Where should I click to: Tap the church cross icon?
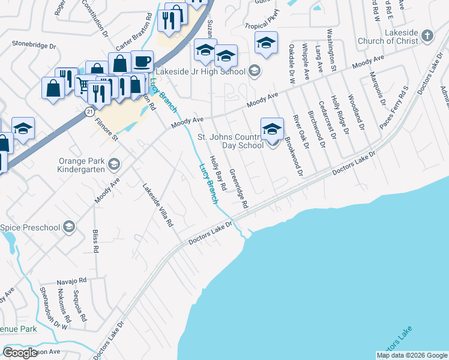[x=427, y=36]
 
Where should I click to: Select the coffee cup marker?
[x=142, y=62]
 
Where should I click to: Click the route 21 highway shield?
[x=89, y=112]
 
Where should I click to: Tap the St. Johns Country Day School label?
[x=231, y=141]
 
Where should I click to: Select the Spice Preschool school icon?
[x=69, y=227]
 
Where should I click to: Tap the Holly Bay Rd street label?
[x=218, y=174]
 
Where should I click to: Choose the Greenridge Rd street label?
[x=239, y=191]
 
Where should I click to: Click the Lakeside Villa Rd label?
[x=157, y=205]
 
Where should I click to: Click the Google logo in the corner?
[x=20, y=353]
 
